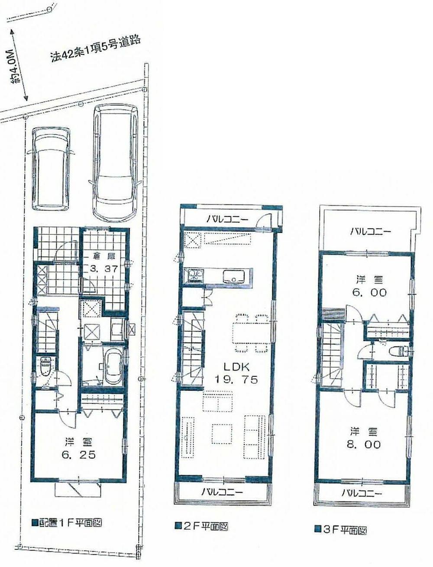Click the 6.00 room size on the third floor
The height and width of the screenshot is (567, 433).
(369, 293)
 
